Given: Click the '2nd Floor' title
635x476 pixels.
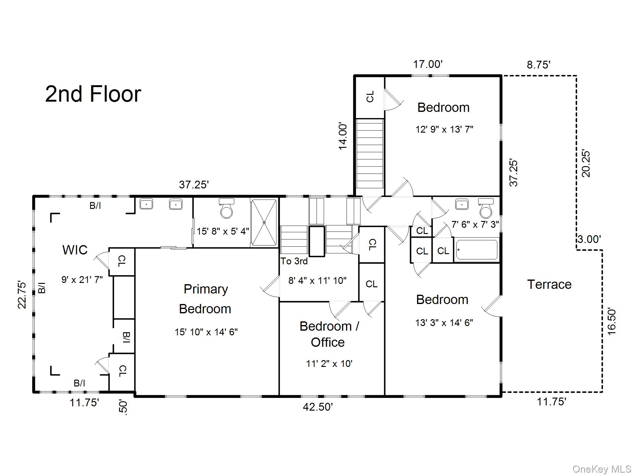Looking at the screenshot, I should point(93,94).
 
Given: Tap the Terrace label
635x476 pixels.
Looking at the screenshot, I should point(549,284).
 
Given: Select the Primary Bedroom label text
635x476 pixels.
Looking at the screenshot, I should point(205,299).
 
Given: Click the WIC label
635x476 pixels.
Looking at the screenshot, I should point(75,250).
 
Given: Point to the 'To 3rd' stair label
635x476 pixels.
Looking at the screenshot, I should point(294,261).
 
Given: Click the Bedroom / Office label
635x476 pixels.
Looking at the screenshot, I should point(329,334).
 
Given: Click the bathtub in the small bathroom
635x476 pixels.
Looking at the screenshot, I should point(477,250).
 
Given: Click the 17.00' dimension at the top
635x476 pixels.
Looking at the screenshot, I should point(428,64).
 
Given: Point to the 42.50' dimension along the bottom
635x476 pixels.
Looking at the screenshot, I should point(318,407).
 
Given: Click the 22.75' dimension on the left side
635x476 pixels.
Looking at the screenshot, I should point(22,294).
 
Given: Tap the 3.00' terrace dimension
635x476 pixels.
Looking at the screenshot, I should point(589,239).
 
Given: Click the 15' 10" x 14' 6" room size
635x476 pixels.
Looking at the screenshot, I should point(206,332).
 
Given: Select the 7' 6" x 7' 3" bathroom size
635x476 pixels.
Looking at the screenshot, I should point(475,224).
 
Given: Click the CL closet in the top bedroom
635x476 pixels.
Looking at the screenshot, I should point(370,97).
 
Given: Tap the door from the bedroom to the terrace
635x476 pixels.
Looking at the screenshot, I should point(492,306).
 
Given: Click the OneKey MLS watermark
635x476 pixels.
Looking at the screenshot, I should point(602,469).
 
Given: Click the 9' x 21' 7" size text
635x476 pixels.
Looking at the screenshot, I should point(82,280).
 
